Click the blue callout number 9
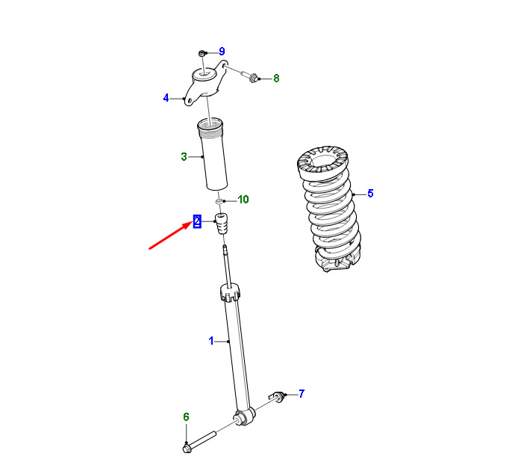click(x=222, y=52)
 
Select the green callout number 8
click(x=276, y=79)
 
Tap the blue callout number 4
click(x=166, y=98)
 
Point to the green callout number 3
click(x=184, y=157)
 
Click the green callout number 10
click(x=243, y=199)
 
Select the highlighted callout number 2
click(x=197, y=221)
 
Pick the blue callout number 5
click(x=370, y=193)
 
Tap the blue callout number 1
click(x=211, y=341)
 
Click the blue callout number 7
click(x=302, y=393)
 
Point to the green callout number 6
click(x=186, y=416)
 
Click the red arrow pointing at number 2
click(x=170, y=236)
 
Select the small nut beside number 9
click(x=202, y=52)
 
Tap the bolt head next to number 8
click(x=253, y=79)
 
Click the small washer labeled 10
click(x=219, y=200)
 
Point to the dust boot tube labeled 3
click(x=213, y=154)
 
